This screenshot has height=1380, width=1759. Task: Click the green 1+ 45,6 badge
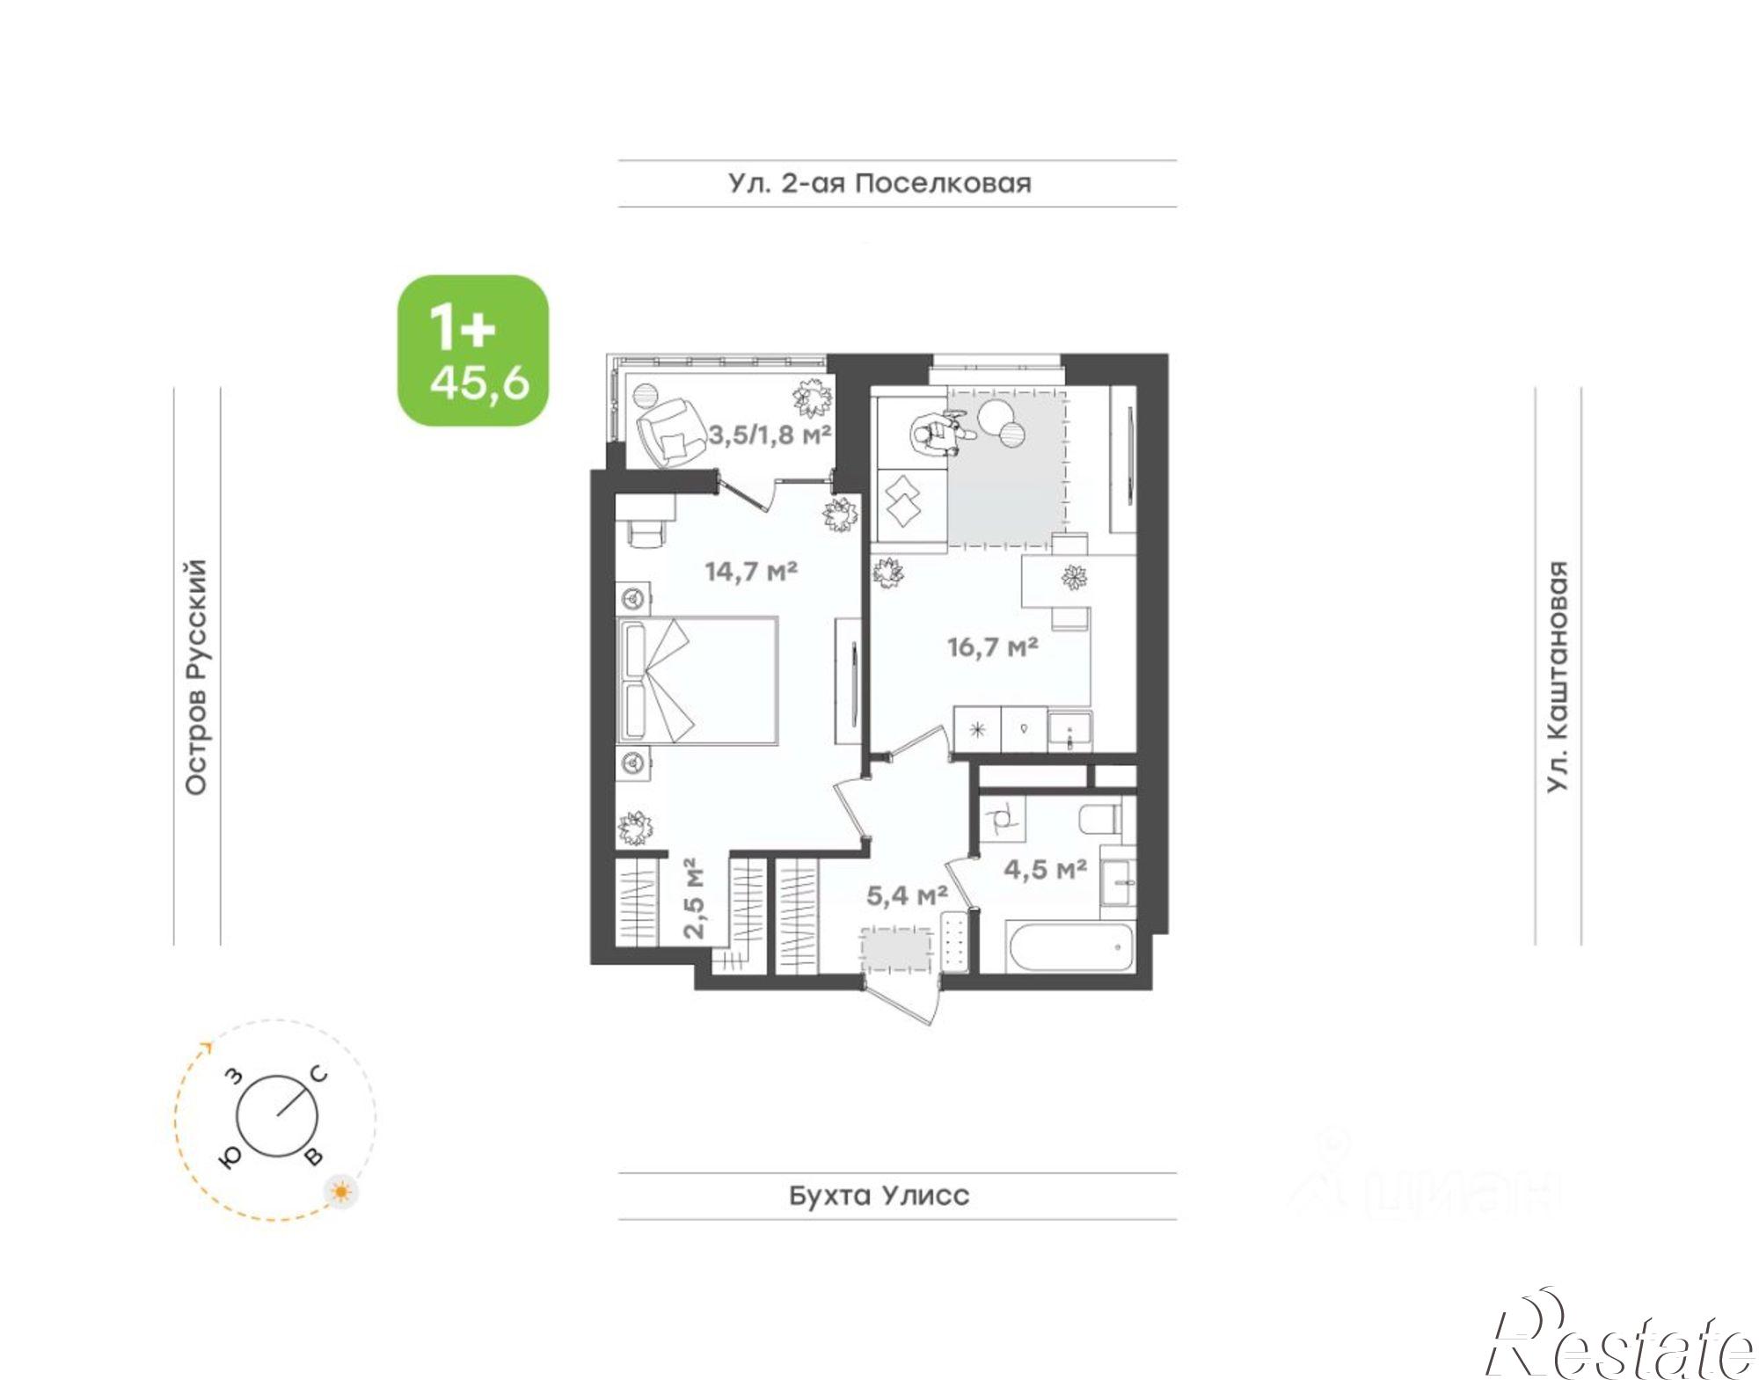[x=473, y=351]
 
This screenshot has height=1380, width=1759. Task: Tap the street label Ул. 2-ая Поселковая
[x=879, y=184]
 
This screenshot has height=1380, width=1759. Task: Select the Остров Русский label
[x=196, y=677]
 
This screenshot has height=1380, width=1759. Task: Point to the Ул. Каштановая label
[x=1558, y=676]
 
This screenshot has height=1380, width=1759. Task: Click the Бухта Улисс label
[x=879, y=1195]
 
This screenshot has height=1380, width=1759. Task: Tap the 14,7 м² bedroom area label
[x=751, y=572]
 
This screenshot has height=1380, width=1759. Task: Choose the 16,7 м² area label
[x=993, y=647]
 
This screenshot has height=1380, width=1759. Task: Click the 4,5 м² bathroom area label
[x=1046, y=869]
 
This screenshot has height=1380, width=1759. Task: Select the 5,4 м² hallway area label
[x=907, y=896]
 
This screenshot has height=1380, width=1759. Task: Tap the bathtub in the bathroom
[x=1069, y=947]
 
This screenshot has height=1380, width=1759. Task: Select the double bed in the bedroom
[x=698, y=681]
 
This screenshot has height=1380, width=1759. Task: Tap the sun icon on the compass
[x=340, y=1192]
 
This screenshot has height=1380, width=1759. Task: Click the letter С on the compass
[x=319, y=1075]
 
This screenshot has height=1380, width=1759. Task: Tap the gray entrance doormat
[x=896, y=951]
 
